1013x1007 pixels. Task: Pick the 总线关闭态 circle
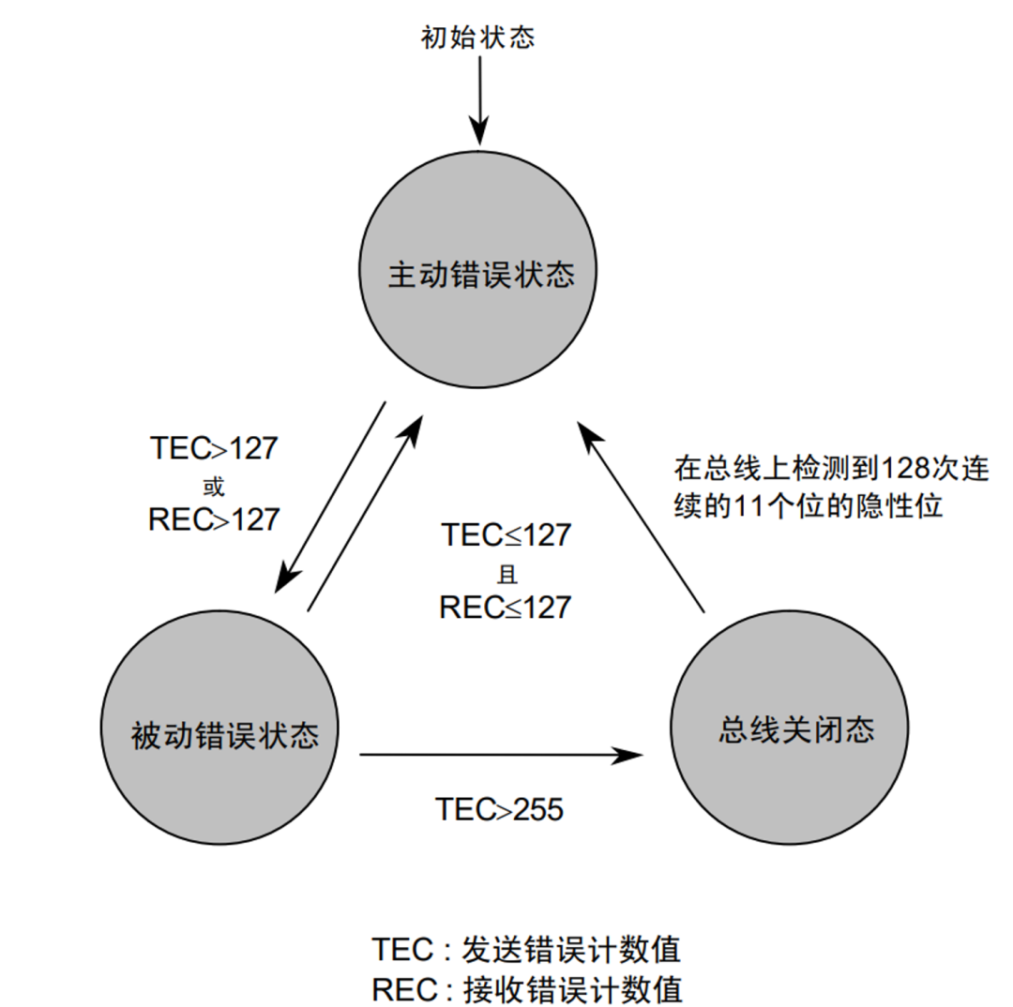point(793,729)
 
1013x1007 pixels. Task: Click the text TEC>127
point(214,448)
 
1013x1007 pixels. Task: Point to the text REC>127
point(214,519)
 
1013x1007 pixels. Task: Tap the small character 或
point(213,485)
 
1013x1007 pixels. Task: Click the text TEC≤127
point(506,535)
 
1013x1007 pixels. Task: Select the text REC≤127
point(506,607)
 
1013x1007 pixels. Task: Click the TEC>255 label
point(499,808)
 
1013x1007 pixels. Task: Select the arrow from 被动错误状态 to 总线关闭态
point(506,753)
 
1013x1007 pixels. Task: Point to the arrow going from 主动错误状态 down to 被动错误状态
point(329,498)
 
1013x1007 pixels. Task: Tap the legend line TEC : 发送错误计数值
point(525,950)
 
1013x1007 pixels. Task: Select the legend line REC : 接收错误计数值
point(525,988)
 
